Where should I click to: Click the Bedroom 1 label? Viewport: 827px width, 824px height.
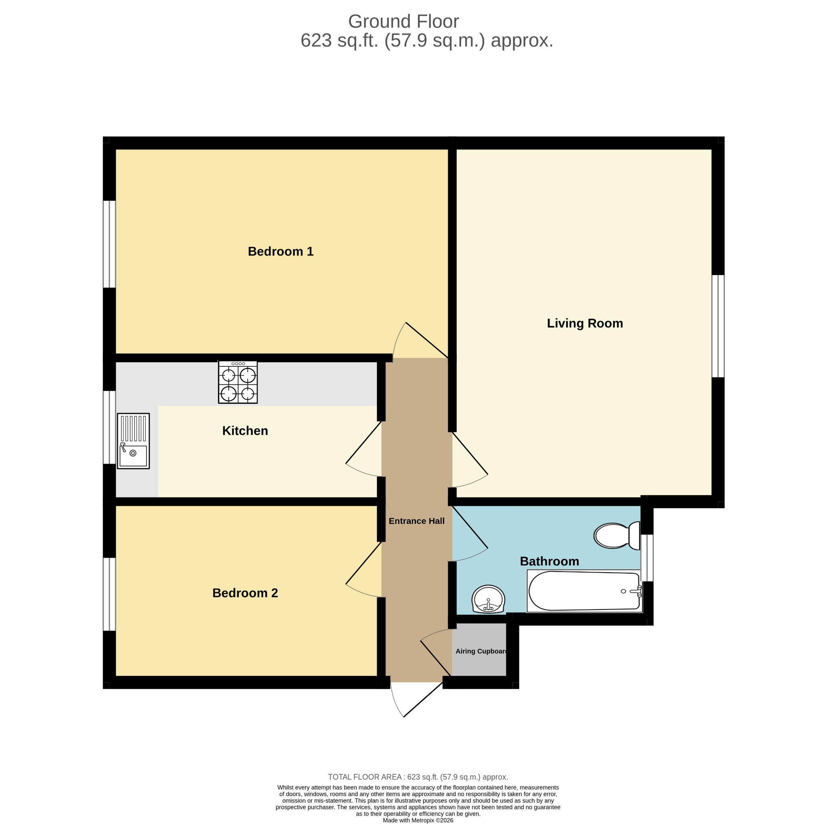[x=280, y=251]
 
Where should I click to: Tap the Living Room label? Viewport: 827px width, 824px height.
[x=585, y=324]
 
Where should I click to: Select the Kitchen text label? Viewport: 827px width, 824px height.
[x=245, y=431]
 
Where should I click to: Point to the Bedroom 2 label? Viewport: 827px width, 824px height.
[x=245, y=593]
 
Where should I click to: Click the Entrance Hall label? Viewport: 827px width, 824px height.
[x=416, y=521]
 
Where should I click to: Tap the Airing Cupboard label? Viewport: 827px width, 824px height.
[x=481, y=652]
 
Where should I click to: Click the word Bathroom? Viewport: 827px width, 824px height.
[x=549, y=561]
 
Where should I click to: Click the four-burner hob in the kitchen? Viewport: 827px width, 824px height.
[x=237, y=382]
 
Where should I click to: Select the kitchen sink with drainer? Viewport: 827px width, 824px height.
[x=133, y=441]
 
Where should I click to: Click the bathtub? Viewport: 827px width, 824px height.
[x=584, y=591]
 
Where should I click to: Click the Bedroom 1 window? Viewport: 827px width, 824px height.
[x=109, y=244]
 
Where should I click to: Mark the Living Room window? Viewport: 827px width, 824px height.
[x=718, y=326]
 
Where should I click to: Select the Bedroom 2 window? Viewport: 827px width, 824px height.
[x=109, y=594]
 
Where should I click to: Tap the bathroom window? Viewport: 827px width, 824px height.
[x=647, y=558]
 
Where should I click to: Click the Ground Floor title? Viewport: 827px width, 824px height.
[x=403, y=21]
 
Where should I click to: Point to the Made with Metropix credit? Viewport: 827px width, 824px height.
[x=418, y=820]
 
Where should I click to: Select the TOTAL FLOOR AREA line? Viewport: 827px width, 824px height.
[x=418, y=777]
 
